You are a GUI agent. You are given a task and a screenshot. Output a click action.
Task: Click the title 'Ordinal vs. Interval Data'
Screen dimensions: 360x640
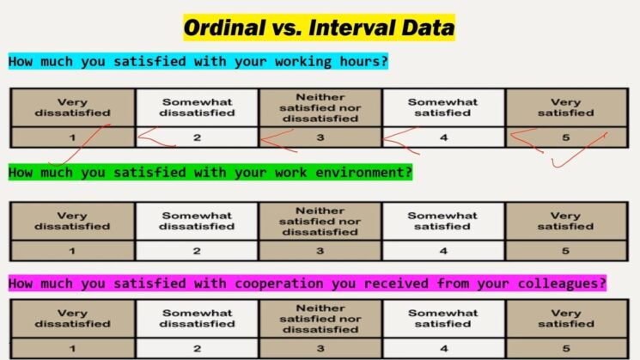pyautogui.click(x=319, y=28)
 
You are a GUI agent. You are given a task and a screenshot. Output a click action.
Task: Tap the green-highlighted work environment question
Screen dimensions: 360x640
pyautogui.click(x=210, y=172)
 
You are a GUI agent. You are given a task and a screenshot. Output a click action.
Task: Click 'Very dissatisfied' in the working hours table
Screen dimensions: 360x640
pyautogui.click(x=72, y=107)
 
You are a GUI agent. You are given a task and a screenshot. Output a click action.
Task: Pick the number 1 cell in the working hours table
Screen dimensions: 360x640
pyautogui.click(x=72, y=136)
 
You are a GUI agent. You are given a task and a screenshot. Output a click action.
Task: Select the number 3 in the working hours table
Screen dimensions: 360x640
pyautogui.click(x=320, y=136)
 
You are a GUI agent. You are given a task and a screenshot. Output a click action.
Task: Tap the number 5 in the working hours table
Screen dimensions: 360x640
pyautogui.click(x=565, y=136)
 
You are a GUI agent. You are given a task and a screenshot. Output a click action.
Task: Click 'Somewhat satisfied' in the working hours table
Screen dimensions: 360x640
pyautogui.click(x=442, y=107)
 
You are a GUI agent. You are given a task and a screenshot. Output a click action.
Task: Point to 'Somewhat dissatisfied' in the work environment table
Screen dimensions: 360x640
pyautogui.click(x=197, y=221)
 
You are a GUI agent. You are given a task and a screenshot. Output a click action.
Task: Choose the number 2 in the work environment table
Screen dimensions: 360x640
pyautogui.click(x=197, y=251)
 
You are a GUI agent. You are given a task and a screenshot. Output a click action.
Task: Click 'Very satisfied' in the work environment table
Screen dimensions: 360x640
pyautogui.click(x=565, y=221)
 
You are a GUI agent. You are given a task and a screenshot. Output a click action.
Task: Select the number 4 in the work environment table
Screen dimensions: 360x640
pyautogui.click(x=442, y=251)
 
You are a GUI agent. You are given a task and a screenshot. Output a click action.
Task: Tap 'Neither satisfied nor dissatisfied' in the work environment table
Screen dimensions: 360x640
pyautogui.click(x=320, y=221)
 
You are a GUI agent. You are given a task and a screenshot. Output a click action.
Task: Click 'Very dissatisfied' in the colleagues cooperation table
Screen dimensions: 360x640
pyautogui.click(x=72, y=318)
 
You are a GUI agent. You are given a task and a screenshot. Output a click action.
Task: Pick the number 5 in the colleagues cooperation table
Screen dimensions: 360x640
pyautogui.click(x=565, y=349)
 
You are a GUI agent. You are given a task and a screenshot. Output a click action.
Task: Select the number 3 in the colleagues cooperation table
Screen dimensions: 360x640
pyautogui.click(x=320, y=349)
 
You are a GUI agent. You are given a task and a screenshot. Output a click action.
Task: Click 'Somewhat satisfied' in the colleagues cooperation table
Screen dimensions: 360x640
pyautogui.click(x=442, y=318)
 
